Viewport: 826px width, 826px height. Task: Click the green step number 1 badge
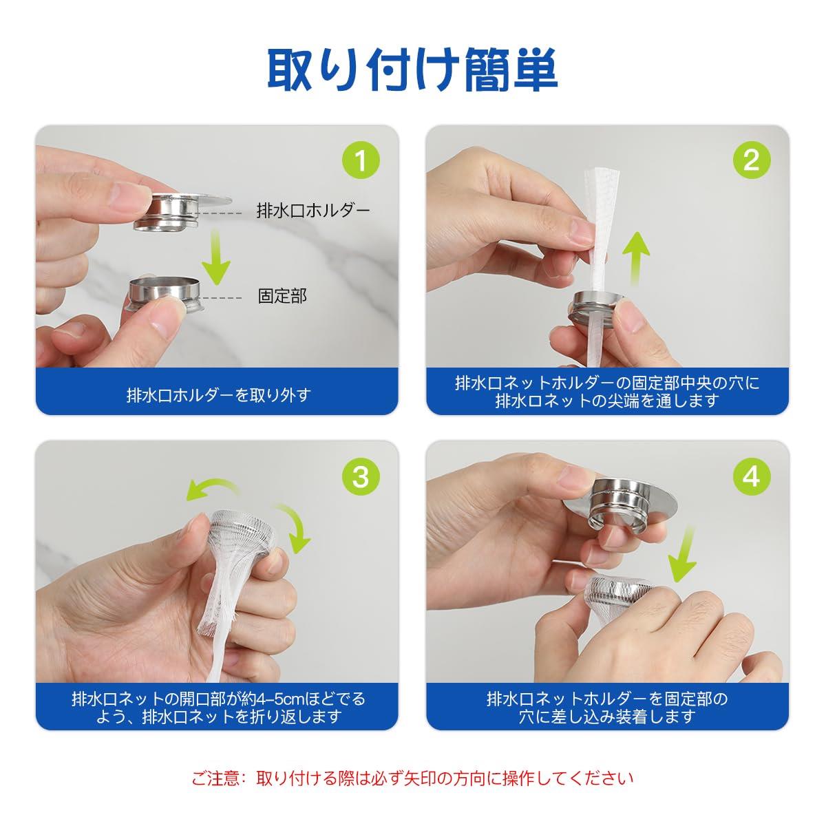(361, 161)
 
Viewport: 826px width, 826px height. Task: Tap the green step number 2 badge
(751, 161)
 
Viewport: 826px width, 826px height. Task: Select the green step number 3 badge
(361, 476)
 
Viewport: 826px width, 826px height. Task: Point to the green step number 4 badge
(751, 476)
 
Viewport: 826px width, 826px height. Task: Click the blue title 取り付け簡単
(412, 70)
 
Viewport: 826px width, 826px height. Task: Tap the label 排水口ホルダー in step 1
(313, 211)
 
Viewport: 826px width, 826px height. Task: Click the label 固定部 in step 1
(282, 296)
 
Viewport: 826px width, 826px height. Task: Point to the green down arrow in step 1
(218, 257)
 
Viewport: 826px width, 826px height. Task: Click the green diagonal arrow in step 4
(682, 555)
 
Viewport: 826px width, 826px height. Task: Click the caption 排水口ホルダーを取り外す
(218, 395)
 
